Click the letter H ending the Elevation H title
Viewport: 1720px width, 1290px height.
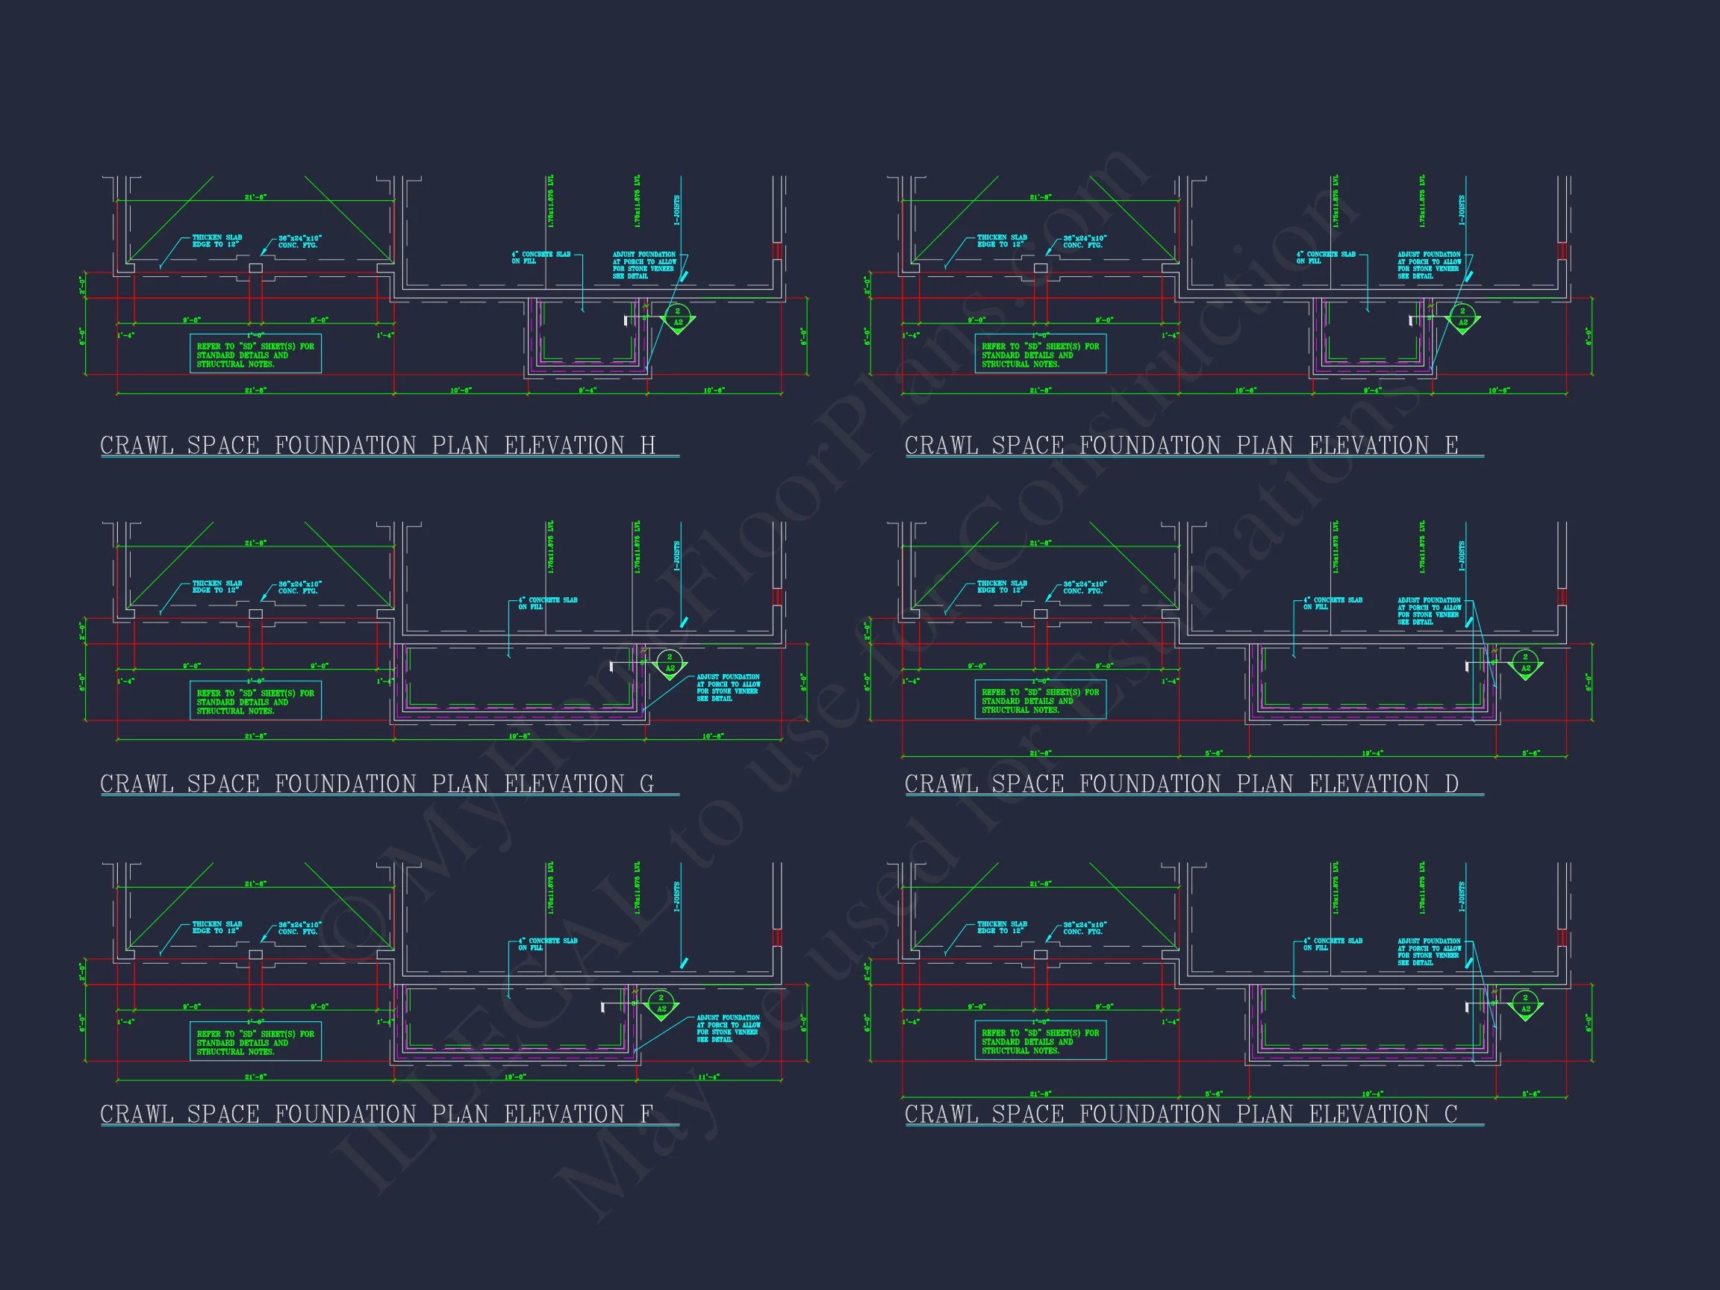click(x=647, y=446)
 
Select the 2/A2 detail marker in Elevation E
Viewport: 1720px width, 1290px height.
click(x=1462, y=317)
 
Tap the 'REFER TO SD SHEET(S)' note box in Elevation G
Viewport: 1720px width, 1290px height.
click(x=255, y=702)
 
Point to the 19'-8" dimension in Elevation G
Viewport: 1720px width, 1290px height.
click(x=519, y=735)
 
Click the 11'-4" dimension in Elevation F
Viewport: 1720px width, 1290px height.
click(x=709, y=1077)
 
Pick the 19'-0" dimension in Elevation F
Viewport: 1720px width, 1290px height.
click(x=516, y=1077)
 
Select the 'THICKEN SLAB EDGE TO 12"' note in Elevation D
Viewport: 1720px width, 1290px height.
click(x=1002, y=587)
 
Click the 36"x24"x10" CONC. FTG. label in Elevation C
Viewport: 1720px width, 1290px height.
click(x=1085, y=929)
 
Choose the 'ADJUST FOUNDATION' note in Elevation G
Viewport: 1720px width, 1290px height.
click(x=728, y=688)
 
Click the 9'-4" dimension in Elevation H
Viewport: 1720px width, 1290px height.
click(x=587, y=390)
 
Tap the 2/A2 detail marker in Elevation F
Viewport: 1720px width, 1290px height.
click(x=661, y=1004)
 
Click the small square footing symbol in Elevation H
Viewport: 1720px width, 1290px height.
click(x=255, y=268)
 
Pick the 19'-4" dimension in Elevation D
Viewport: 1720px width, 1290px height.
click(x=1371, y=752)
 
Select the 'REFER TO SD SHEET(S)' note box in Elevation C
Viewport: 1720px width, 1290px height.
click(x=1041, y=1042)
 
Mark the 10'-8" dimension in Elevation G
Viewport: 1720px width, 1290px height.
click(x=713, y=735)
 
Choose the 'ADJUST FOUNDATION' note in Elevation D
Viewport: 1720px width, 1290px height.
click(x=1429, y=611)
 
